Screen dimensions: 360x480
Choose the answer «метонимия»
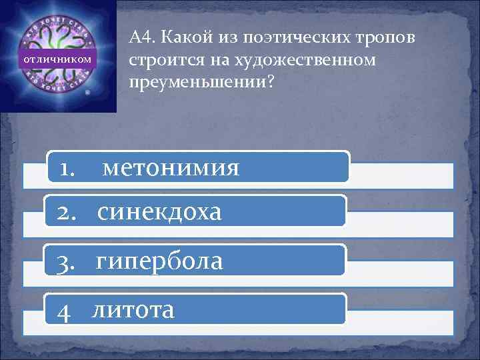click(x=171, y=168)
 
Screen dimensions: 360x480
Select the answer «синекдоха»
click(x=159, y=213)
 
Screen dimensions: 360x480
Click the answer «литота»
click(x=133, y=309)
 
